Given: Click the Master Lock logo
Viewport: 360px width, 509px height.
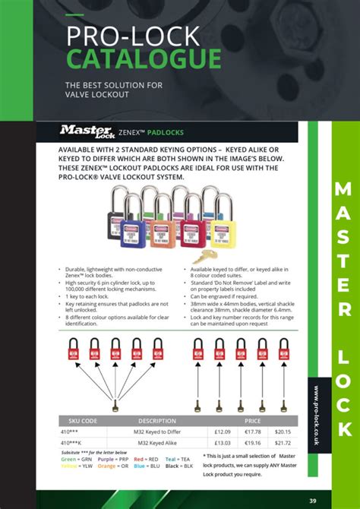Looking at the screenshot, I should (x=77, y=131).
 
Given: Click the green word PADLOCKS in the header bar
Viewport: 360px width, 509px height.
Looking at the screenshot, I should (x=166, y=131).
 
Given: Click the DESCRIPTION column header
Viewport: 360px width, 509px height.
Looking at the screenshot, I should (x=156, y=420).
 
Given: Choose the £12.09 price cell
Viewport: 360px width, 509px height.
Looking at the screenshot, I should (x=222, y=432).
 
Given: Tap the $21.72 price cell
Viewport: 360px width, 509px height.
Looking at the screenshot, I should (x=282, y=442).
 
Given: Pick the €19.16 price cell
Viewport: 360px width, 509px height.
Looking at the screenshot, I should (x=251, y=442).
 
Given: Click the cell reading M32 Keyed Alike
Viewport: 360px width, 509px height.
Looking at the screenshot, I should (x=156, y=442).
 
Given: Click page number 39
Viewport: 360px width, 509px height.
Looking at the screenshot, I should (x=333, y=498).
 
